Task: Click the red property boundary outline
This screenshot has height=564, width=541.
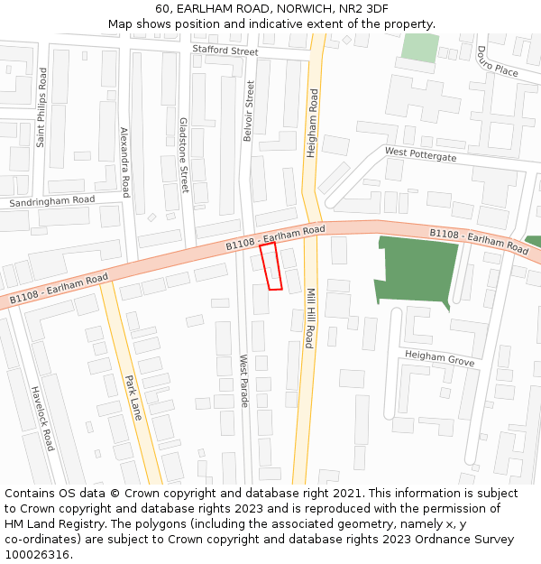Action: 271,266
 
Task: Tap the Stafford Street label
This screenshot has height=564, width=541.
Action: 225,51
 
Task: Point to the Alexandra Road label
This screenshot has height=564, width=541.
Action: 125,162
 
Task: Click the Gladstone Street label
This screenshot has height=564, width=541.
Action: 184,154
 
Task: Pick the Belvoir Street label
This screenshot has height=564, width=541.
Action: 249,111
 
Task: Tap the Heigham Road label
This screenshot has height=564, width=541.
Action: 313,123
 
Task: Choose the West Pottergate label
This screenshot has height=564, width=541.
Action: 420,154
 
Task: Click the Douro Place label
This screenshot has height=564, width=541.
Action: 497,61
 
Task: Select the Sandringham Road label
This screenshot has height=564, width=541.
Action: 51,201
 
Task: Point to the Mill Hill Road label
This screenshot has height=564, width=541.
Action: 308,319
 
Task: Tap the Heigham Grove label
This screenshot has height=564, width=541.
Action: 439,359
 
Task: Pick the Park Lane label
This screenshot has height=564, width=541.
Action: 133,398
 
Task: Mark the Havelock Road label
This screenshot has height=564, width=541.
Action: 42,419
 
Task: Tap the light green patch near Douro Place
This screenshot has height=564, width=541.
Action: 419,47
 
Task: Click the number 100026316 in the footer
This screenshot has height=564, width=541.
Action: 38,555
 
